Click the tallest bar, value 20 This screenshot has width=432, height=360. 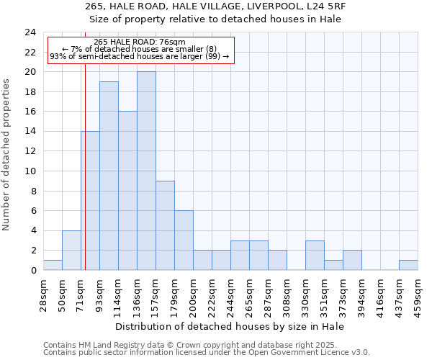tap(146, 171)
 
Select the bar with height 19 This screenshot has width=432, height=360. tap(109, 176)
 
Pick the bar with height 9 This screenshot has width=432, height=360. tap(165, 225)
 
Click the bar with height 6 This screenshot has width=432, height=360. tap(184, 240)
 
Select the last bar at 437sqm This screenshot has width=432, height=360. tap(408, 265)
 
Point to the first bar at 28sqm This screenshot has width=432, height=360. tap(53, 265)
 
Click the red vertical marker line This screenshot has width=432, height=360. tap(85, 180)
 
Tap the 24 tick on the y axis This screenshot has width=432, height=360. tap(30, 32)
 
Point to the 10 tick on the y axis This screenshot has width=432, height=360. tap(30, 171)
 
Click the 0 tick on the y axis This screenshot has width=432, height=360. tap(33, 270)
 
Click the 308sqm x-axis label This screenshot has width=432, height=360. tap(287, 295)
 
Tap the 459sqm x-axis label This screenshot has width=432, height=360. tap(418, 295)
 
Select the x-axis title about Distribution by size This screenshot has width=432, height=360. tap(230, 326)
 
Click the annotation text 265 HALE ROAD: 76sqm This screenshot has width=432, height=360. tap(140, 42)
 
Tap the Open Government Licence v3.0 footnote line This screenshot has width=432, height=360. tap(207, 353)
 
